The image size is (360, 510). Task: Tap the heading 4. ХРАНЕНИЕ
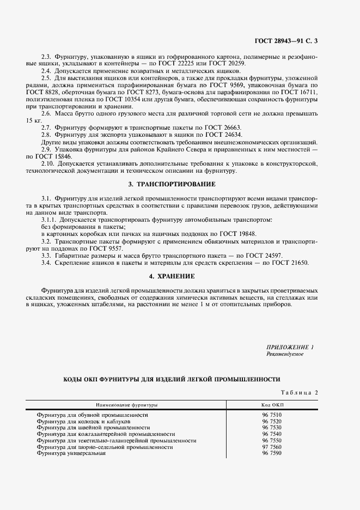point(172,276)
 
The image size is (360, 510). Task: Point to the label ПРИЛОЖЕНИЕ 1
point(290,347)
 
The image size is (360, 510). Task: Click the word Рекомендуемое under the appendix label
point(285,354)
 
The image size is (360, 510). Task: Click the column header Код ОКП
point(273,405)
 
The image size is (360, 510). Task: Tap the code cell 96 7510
point(272,415)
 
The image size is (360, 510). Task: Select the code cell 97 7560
point(272,447)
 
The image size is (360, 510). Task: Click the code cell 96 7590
point(272,453)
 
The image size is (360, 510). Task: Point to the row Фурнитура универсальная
point(71,453)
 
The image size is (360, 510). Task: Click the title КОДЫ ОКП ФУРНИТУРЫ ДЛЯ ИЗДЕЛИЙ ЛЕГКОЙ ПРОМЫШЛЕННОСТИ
point(172,378)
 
